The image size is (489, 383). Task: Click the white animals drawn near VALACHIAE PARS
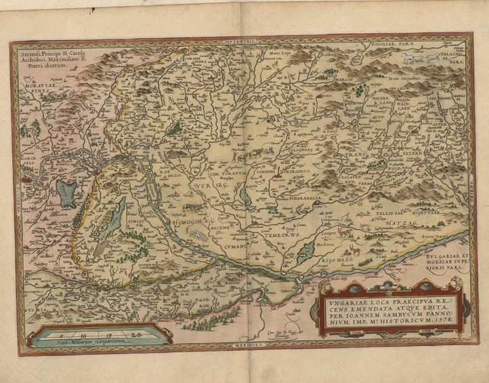(423, 61)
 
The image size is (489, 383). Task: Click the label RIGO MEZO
(331, 258)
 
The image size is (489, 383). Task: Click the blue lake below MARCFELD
(67, 192)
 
